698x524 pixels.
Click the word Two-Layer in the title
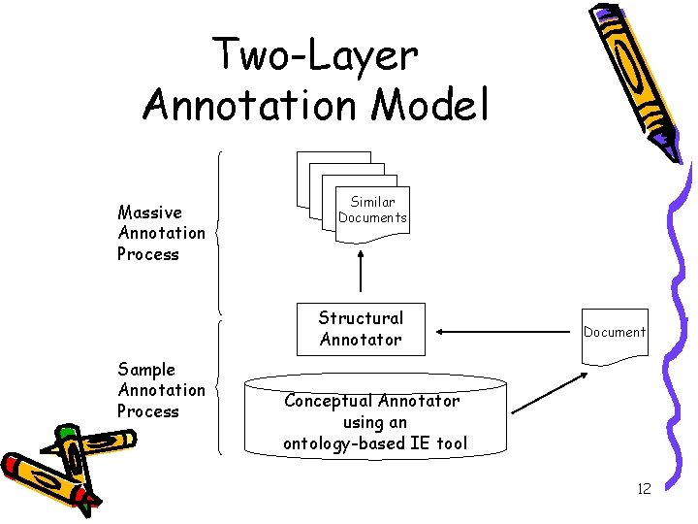316,55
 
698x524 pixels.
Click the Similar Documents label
372,210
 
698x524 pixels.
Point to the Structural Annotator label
361,328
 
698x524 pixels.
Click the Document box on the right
614,333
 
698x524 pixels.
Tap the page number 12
644,488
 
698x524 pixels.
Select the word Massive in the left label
149,213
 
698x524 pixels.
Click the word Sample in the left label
146,369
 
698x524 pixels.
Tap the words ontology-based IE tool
375,443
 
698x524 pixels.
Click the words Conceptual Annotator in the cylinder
372,400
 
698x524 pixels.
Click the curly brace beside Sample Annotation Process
219,388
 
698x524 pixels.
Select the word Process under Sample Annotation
148,411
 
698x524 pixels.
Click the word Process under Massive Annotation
148,254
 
